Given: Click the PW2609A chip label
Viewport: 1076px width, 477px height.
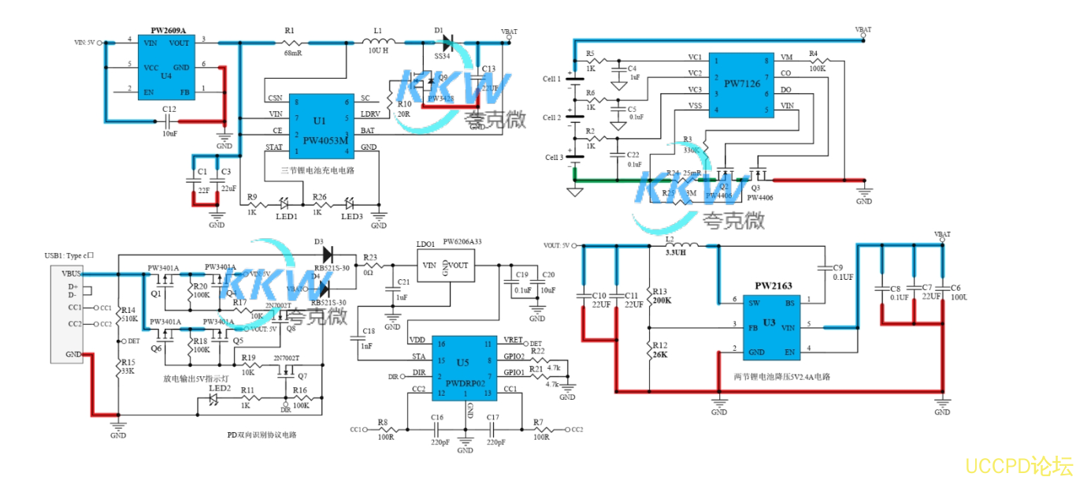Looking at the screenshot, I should [x=168, y=31].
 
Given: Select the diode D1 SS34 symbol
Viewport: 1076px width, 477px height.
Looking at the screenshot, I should [x=447, y=42].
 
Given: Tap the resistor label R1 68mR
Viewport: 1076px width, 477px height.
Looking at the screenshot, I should [x=291, y=42].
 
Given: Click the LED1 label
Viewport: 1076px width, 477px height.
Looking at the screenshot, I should [x=287, y=217].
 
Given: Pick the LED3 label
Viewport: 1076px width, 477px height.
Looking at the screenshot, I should [x=351, y=217].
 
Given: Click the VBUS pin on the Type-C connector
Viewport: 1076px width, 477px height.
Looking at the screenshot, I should [x=66, y=273].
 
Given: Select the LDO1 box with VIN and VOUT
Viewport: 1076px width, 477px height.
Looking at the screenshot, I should [x=444, y=265].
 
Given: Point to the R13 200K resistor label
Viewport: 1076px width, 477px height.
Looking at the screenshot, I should [x=661, y=296].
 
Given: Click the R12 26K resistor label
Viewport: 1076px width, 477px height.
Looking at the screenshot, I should [x=659, y=350].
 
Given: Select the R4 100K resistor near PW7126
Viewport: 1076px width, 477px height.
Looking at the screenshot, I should [x=817, y=61].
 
